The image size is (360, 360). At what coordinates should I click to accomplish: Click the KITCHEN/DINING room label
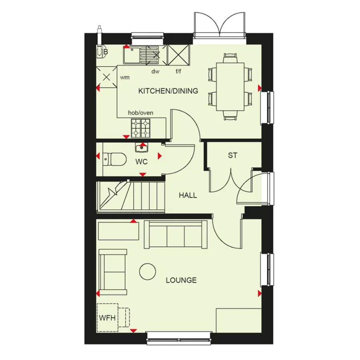coord(168,91)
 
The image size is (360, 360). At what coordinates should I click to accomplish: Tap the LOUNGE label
coord(181,280)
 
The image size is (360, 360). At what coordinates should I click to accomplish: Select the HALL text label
coord(188,195)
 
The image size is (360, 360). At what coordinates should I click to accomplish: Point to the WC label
coord(142,162)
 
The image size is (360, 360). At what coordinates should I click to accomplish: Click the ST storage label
coord(232,156)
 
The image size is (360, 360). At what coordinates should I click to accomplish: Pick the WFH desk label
coord(107,318)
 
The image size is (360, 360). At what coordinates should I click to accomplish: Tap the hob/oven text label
coord(140,113)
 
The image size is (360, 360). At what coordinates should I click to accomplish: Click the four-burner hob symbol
coord(140,128)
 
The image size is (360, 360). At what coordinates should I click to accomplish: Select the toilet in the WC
coord(114,159)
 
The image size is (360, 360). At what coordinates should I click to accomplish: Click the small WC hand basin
coord(142,148)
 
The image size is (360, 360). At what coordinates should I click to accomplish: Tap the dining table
coord(230,86)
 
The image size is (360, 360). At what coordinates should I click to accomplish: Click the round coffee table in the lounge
coord(148,271)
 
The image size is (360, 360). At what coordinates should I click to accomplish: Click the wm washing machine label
coord(125,78)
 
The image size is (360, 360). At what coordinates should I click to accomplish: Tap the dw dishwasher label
coord(156,72)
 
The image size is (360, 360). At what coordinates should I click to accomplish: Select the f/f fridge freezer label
coord(178,72)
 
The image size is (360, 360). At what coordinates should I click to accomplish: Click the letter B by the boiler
coord(106,52)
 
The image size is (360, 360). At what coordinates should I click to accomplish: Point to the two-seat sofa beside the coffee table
coord(113,272)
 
